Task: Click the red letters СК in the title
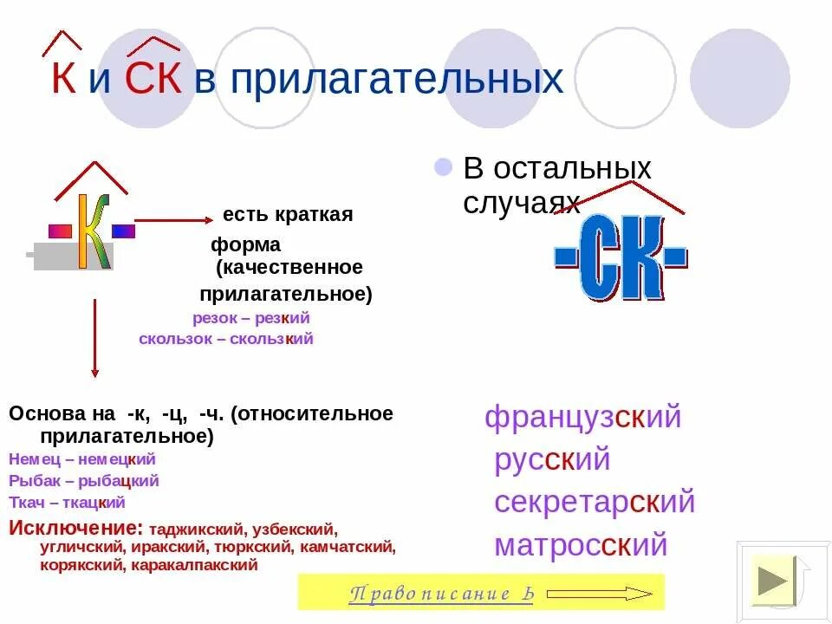tap(153, 79)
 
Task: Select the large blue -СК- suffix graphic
tap(621, 257)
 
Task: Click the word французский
tap(582, 418)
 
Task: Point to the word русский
tap(552, 459)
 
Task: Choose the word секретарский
tap(595, 502)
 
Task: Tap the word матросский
tap(581, 545)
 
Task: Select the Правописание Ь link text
tap(441, 594)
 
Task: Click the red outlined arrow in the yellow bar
tap(600, 594)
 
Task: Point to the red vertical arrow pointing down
tap(94, 338)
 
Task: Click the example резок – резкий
tap(250, 318)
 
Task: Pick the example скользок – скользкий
tap(225, 339)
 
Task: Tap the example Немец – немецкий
tap(82, 459)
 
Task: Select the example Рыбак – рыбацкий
tap(84, 481)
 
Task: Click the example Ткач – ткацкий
tap(67, 502)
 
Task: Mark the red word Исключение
tap(75, 528)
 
